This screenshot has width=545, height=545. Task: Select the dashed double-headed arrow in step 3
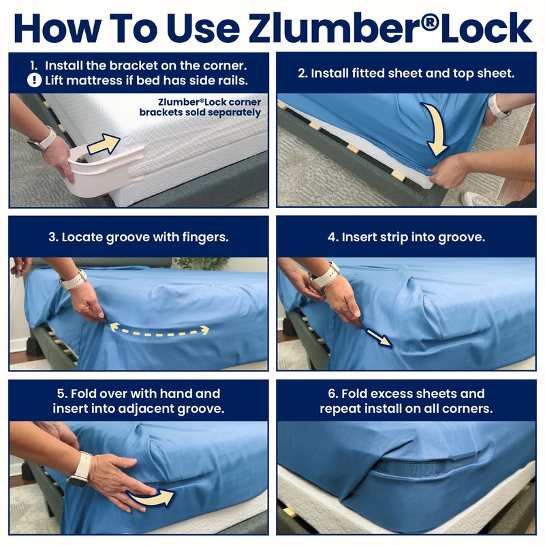pos(161,331)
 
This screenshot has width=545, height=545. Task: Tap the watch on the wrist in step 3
pos(72,279)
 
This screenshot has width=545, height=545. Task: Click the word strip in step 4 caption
pos(399,238)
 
